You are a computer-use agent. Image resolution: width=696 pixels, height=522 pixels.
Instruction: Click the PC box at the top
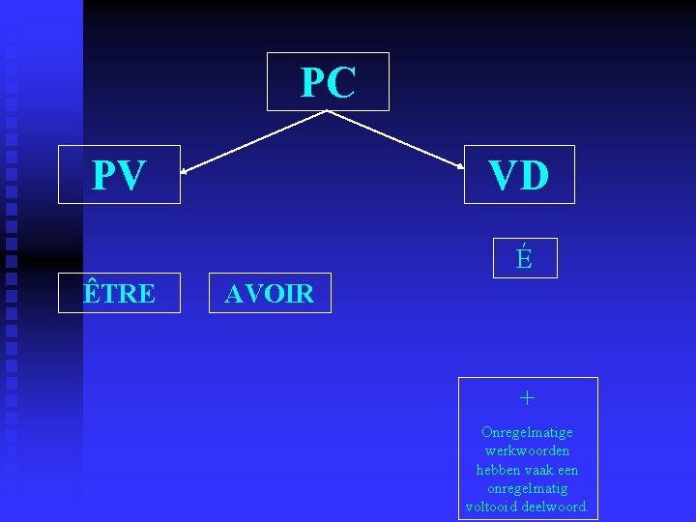328,82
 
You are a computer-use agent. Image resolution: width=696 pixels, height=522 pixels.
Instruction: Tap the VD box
519,175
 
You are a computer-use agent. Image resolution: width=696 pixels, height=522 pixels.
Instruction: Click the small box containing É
525,258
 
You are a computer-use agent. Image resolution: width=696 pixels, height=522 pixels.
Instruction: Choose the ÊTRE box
119,293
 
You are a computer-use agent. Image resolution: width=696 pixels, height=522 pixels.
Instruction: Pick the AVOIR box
270,294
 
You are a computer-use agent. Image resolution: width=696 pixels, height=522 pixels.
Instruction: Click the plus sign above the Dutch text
527,397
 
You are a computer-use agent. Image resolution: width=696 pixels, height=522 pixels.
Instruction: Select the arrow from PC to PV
253,142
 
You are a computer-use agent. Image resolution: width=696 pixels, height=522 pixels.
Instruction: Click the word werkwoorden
527,450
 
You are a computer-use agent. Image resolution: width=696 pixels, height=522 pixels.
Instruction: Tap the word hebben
498,470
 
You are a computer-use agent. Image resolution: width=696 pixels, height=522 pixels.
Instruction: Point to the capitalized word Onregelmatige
527,432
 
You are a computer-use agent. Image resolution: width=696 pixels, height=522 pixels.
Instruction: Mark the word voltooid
490,507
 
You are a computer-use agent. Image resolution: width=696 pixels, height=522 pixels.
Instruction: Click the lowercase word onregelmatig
527,488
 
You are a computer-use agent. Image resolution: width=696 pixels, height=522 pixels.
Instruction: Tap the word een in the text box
568,470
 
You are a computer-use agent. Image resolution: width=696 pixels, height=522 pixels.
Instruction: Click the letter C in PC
342,83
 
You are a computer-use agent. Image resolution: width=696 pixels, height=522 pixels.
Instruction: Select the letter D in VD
535,176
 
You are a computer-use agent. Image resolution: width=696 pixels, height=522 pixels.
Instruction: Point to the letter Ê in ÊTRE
92,292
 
